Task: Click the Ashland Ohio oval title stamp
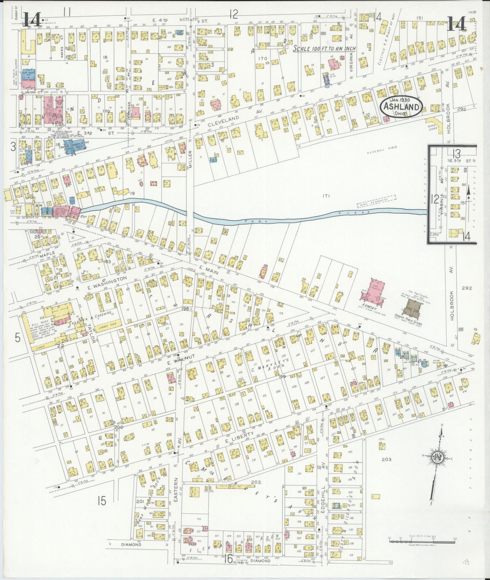(x=401, y=108)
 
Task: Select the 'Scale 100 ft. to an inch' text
(x=325, y=49)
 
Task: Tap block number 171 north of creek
(x=327, y=196)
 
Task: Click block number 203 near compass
(x=386, y=459)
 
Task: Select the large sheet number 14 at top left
(x=32, y=19)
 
